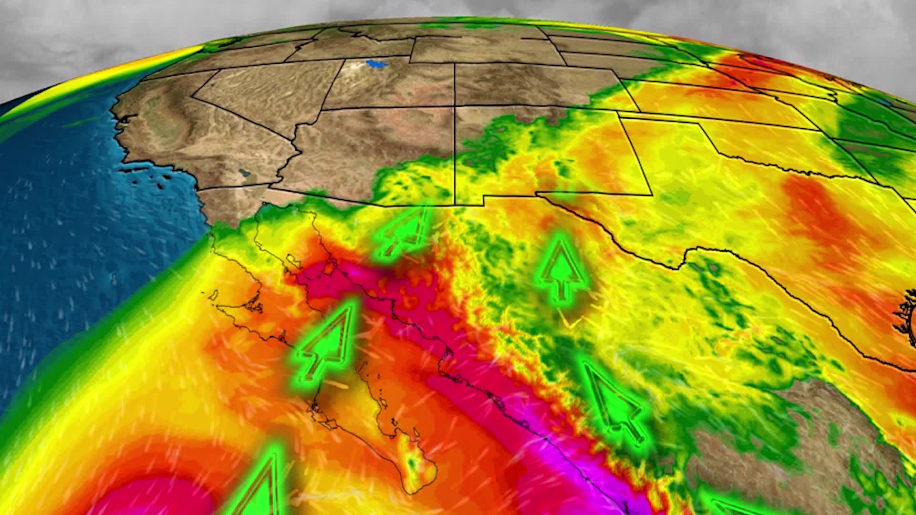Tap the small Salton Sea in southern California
pyautogui.click(x=244, y=172)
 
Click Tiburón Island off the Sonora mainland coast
pyautogui.click(x=329, y=268)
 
